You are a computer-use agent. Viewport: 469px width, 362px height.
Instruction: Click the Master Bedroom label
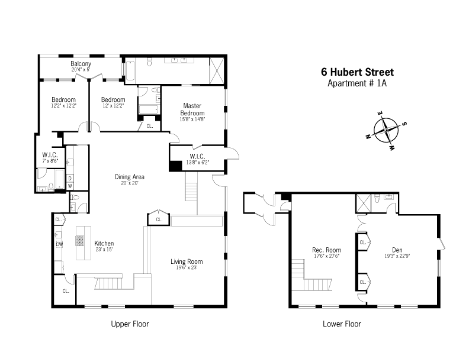point(192,109)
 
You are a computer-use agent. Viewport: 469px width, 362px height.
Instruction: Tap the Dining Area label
point(130,177)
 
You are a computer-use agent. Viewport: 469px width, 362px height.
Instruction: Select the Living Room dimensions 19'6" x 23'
point(187,268)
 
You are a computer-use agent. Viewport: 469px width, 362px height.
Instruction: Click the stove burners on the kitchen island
point(80,241)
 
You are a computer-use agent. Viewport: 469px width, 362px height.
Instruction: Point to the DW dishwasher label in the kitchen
point(59,244)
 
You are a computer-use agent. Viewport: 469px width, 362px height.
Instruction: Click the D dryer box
point(70,178)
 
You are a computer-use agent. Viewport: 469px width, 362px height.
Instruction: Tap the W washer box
point(70,186)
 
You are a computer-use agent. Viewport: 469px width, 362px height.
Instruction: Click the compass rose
point(386,130)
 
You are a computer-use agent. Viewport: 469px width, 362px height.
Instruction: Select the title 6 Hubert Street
point(358,72)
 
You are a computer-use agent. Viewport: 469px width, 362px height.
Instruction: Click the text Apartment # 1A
point(357,83)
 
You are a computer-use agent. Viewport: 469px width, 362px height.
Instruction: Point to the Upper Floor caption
point(130,324)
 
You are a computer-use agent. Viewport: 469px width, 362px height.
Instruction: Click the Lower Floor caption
point(342,324)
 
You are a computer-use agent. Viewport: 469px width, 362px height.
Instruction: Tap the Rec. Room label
point(327,250)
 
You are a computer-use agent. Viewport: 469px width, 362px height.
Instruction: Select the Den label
point(397,250)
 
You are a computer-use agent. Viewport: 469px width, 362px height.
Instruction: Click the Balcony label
point(81,63)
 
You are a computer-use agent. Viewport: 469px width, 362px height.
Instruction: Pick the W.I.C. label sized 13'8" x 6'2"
point(197,156)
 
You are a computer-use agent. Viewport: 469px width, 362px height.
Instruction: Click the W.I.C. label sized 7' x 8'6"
point(50,155)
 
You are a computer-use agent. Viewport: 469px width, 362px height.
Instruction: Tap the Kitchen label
point(104,243)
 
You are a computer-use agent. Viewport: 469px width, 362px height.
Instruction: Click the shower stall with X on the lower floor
point(364,203)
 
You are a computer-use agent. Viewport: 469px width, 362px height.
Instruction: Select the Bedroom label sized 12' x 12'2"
point(113,99)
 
